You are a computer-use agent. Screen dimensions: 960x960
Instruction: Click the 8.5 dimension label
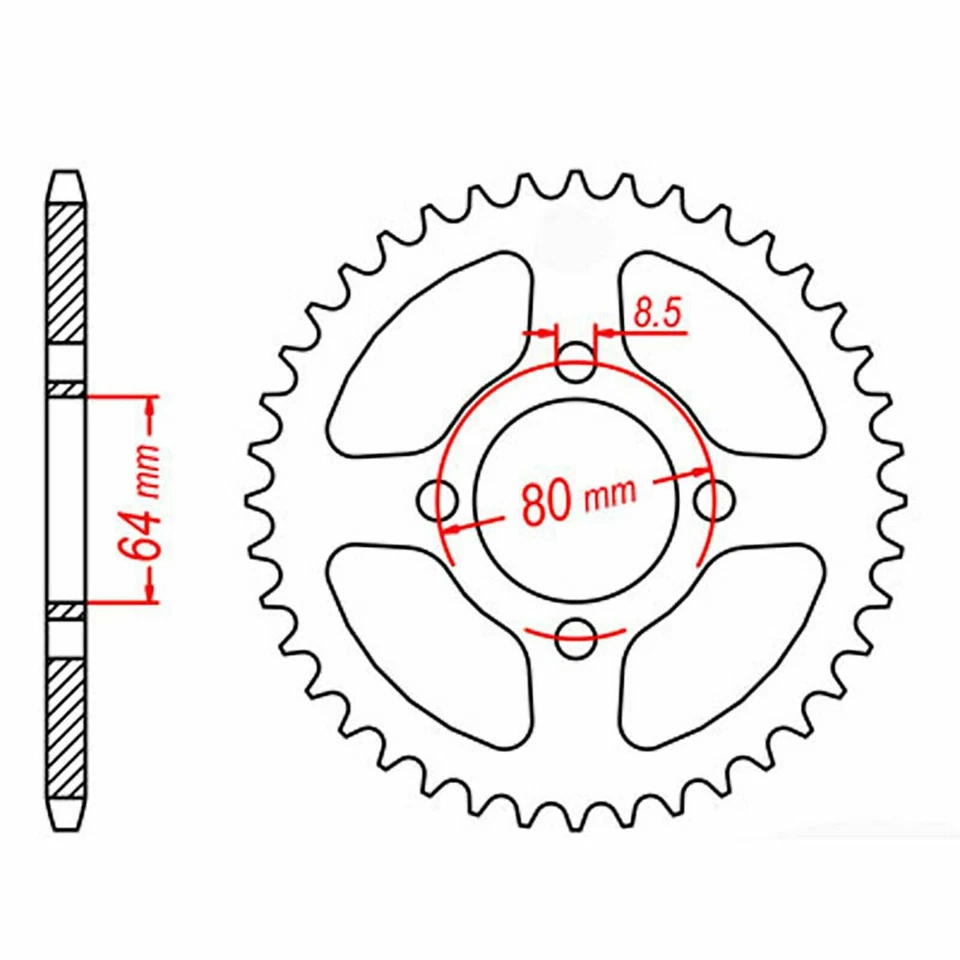[x=657, y=313]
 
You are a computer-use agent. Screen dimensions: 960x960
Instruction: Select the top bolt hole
[x=575, y=362]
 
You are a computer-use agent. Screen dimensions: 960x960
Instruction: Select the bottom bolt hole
[x=576, y=638]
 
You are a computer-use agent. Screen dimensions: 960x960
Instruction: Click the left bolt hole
[x=437, y=501]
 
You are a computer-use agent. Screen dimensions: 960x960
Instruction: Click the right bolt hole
[x=714, y=500]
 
